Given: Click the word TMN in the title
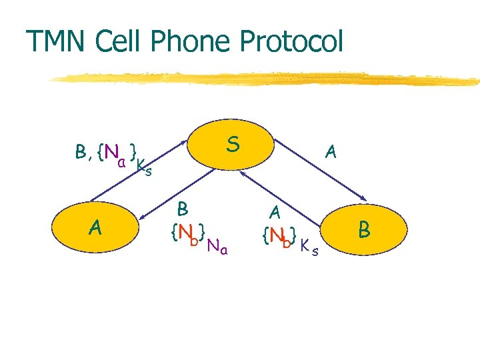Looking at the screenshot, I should pyautogui.click(x=58, y=41).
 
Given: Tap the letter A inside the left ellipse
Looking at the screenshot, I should pyautogui.click(x=96, y=229).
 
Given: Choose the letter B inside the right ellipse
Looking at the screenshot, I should pyautogui.click(x=364, y=231).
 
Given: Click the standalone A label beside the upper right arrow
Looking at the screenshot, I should pyautogui.click(x=329, y=153).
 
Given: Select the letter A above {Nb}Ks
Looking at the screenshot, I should pyautogui.click(x=274, y=213).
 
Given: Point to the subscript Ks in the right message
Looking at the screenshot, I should pyautogui.click(x=308, y=249).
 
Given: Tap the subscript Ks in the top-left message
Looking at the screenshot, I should pyautogui.click(x=144, y=168).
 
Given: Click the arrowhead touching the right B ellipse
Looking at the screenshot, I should pyautogui.click(x=365, y=197).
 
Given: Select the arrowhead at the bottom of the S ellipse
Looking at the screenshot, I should pyautogui.click(x=243, y=173).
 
